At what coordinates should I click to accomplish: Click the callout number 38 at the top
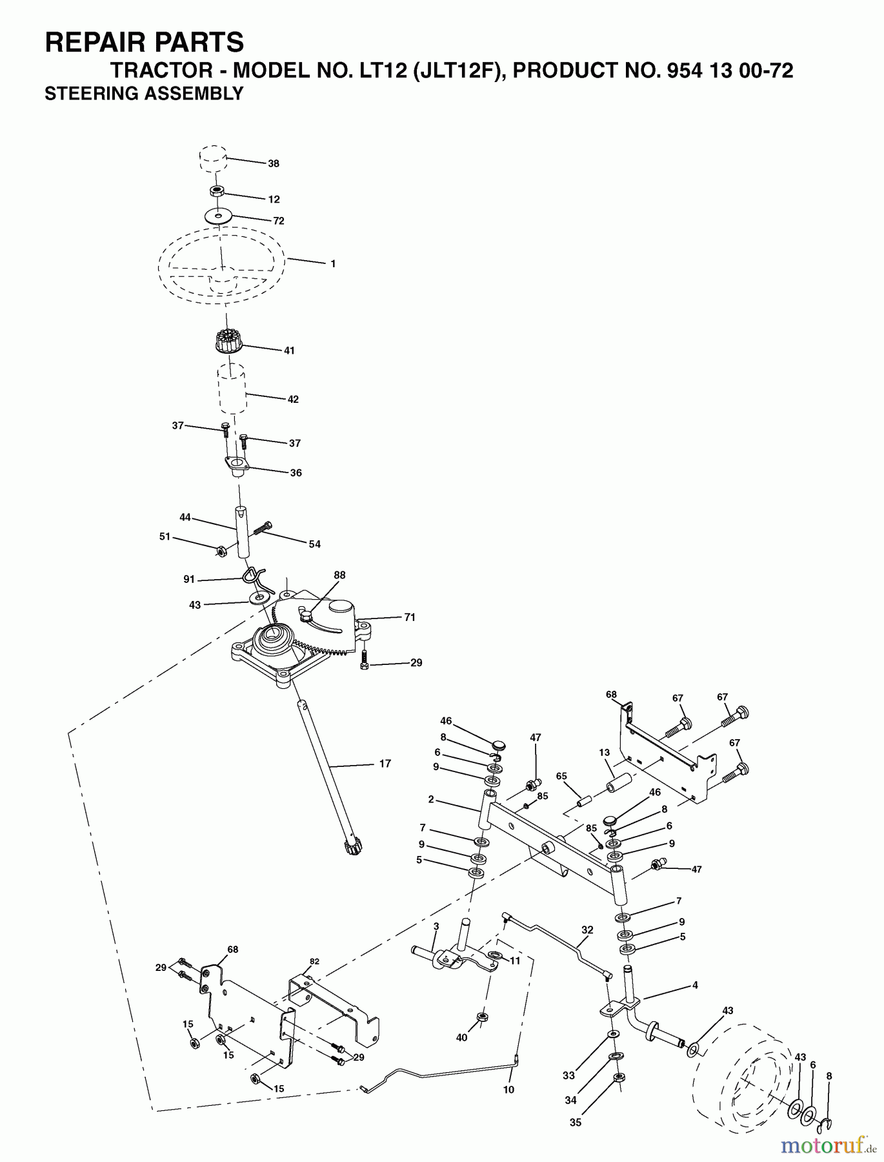click(274, 164)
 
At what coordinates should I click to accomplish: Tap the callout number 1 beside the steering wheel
click(332, 264)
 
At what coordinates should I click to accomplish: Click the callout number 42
click(293, 400)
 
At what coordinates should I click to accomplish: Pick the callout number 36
click(296, 473)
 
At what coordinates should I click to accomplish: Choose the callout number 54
click(314, 544)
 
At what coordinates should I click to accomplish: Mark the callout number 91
click(189, 580)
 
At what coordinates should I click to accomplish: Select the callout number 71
click(410, 617)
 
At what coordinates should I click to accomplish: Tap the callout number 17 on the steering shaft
click(385, 764)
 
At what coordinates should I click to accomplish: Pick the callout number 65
click(561, 777)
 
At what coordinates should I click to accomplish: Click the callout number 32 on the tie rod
click(587, 930)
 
